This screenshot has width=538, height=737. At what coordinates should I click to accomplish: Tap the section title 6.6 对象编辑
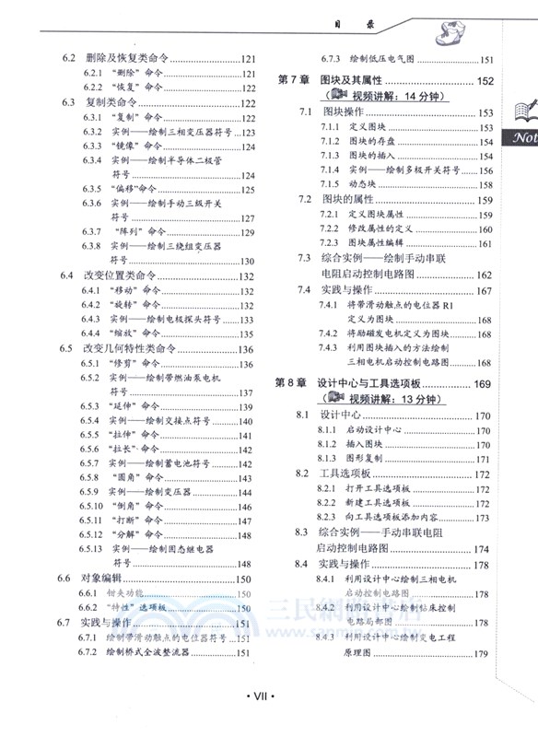(100, 579)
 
